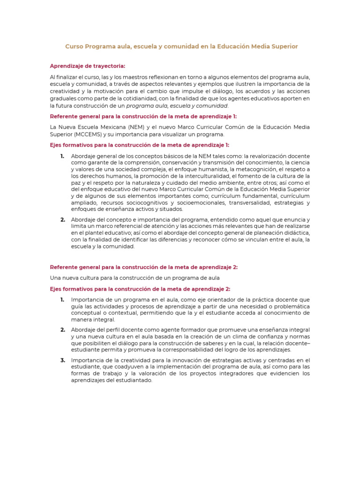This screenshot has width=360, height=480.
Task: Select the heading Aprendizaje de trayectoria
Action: (x=88, y=66)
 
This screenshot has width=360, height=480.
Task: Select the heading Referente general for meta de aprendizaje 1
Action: (x=143, y=116)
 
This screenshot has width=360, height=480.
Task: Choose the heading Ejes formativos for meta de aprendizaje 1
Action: (x=139, y=145)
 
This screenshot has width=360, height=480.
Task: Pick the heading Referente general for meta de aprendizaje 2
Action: (x=143, y=267)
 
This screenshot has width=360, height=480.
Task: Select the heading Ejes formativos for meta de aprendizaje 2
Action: (x=140, y=289)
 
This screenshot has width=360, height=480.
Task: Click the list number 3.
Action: (x=62, y=360)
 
